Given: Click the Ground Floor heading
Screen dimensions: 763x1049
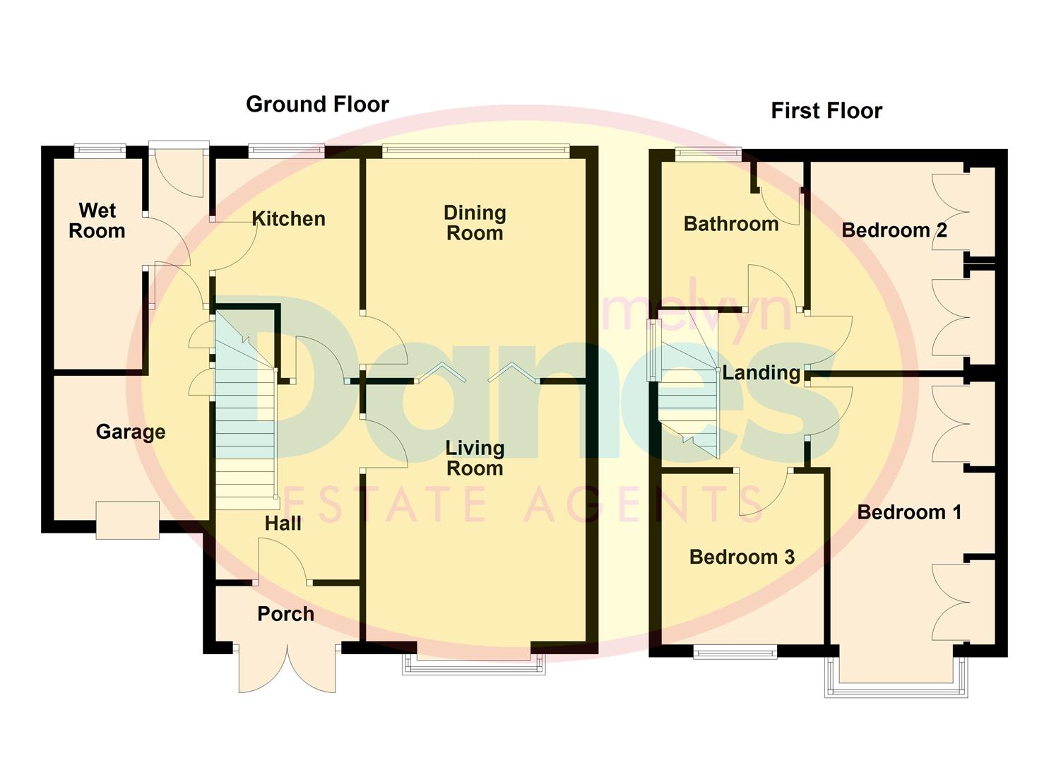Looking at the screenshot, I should click(317, 105).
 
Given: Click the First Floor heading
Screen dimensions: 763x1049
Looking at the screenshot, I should click(826, 111).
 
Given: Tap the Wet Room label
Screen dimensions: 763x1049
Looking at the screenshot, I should click(97, 220).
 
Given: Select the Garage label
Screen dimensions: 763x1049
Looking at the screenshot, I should click(131, 432).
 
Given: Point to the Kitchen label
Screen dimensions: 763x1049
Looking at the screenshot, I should click(288, 219).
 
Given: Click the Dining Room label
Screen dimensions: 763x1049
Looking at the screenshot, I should click(475, 223).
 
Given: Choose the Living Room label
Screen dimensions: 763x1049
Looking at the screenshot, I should click(475, 458).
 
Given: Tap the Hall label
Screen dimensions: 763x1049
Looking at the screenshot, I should click(283, 524).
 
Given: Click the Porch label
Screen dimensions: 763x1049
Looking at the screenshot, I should click(285, 614).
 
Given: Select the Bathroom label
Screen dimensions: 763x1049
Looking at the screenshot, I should click(731, 224).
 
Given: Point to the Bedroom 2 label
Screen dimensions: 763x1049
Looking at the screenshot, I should click(894, 230).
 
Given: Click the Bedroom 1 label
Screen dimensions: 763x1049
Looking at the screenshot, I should click(909, 512).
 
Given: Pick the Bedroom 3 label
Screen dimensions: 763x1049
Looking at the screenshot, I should click(742, 557).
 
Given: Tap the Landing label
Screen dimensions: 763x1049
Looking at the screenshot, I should click(761, 373).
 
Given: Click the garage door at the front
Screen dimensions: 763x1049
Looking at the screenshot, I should click(127, 521).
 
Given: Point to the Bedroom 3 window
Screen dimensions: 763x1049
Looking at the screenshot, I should click(735, 653).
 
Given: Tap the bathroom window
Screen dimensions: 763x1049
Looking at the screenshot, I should click(708, 153).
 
